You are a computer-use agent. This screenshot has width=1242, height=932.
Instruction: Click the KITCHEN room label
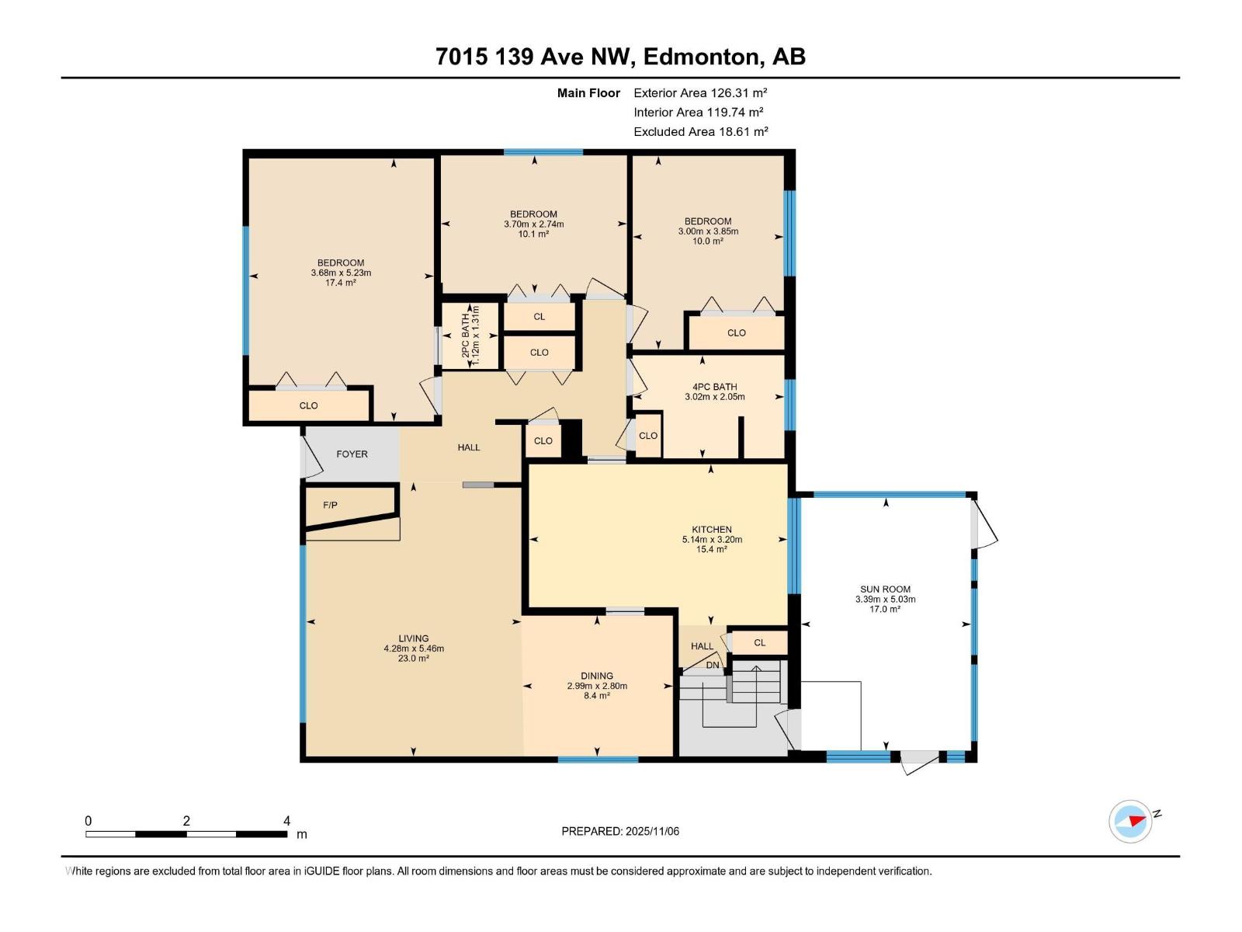711,530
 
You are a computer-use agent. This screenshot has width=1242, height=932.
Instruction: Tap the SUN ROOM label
885,589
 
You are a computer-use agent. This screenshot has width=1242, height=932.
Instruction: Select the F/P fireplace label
330,506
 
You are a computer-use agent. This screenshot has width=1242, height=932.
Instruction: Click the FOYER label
352,454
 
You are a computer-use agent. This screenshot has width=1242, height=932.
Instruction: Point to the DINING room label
596,676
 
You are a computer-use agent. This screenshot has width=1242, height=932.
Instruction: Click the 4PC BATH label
714,387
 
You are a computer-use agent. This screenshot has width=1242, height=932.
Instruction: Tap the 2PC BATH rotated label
466,336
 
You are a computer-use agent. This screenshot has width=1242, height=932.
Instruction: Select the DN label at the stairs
713,665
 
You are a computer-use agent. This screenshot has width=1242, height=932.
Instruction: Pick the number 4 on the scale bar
286,821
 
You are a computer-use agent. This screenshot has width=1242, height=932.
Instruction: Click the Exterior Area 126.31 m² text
700,92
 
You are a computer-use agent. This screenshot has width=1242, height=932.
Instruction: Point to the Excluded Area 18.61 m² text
700,132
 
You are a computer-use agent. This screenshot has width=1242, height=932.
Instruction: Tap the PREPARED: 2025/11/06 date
620,831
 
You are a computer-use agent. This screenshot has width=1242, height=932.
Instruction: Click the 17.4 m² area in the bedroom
341,283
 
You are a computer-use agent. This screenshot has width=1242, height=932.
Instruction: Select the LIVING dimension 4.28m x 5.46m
414,649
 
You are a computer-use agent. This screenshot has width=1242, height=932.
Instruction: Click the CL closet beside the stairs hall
759,642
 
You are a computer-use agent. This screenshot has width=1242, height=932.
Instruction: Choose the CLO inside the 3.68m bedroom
308,405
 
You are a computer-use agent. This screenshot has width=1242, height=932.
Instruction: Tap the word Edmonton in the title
701,57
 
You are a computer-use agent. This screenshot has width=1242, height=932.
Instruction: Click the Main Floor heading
588,93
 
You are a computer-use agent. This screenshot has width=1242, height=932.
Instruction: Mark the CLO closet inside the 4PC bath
647,436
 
